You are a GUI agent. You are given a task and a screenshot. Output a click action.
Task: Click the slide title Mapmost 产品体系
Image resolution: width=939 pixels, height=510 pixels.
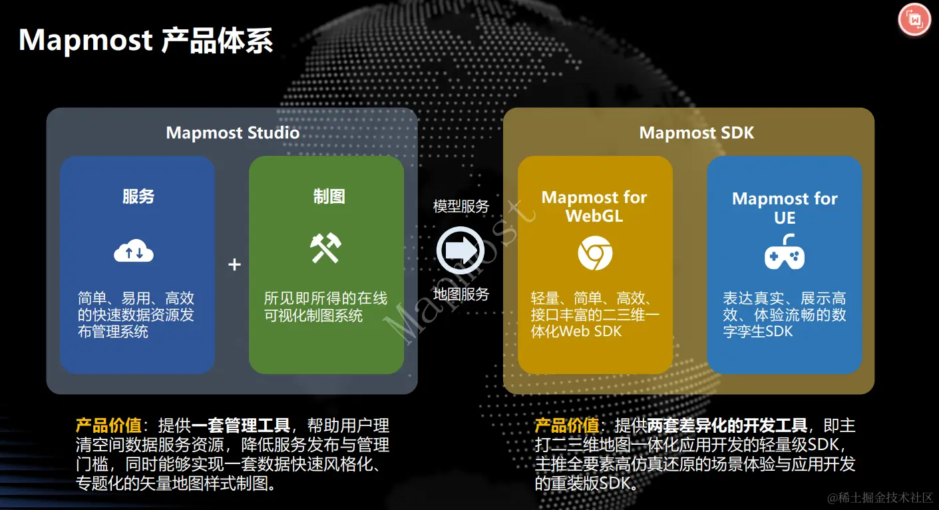click(x=146, y=41)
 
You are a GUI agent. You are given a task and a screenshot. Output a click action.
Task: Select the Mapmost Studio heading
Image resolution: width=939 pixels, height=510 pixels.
click(x=232, y=132)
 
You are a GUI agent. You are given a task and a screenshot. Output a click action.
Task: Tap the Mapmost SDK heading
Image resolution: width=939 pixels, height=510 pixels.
click(x=696, y=132)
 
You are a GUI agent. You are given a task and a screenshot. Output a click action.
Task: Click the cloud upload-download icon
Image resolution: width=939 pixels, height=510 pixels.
click(x=134, y=252)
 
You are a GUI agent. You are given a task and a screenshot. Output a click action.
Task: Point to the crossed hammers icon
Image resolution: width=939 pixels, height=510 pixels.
click(x=325, y=248)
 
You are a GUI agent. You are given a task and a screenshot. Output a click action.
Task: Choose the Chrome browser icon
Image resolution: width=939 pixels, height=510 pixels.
click(x=594, y=254)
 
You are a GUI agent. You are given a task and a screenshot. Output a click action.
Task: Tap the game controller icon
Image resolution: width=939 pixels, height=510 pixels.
click(x=784, y=254)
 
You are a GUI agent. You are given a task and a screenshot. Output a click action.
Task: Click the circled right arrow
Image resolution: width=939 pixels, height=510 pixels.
click(x=460, y=250)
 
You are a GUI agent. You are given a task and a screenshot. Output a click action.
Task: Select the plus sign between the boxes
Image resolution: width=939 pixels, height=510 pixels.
click(x=234, y=265)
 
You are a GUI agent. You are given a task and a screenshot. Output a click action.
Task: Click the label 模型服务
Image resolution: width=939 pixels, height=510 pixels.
click(x=461, y=206)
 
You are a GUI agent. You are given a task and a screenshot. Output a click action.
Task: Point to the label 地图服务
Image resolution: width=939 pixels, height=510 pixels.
click(x=461, y=294)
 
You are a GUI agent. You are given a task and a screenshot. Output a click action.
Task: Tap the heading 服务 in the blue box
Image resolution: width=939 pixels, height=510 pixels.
click(x=138, y=196)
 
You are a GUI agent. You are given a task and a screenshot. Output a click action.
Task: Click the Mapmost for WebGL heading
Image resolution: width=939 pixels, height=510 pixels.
click(x=594, y=206)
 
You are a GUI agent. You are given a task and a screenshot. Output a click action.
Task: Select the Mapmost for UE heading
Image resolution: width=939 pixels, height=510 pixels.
click(x=785, y=208)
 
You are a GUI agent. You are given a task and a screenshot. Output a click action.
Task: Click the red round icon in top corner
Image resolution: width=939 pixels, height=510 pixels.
click(x=914, y=20)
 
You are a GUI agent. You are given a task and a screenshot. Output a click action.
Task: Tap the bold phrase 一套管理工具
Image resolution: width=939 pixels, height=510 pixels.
click(x=241, y=425)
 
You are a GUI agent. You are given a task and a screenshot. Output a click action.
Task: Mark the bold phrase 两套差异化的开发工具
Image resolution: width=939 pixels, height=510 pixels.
click(x=727, y=425)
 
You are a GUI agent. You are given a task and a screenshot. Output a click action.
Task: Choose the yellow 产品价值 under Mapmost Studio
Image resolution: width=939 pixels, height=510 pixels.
click(x=108, y=425)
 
